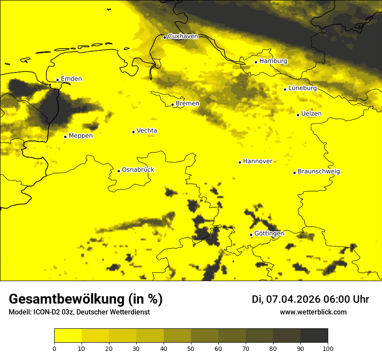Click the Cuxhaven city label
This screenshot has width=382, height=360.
pos(183,36)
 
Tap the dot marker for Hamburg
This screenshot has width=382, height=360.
pos(256,62)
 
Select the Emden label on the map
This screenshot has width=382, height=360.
pos(71,79)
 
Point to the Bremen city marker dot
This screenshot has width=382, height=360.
pos(172,105)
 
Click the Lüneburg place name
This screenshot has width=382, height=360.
pos(302,88)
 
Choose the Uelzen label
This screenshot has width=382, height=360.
pos(311,114)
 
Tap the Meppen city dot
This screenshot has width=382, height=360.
pos(65,137)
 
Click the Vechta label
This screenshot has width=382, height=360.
pos(147,131)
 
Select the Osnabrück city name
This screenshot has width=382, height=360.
pos(138,170)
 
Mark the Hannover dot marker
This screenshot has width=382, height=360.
pos(240,162)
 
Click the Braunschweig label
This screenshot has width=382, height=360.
pos(319,172)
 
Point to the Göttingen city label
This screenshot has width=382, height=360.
pos(269,234)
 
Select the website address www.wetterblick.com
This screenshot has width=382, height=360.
pos(313,312)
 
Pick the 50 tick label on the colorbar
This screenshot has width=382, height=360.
pos(191,348)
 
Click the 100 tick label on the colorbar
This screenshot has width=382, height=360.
pos(328,348)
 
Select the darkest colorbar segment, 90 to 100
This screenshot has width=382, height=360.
pos(314,336)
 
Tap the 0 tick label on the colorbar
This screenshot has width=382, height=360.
pos(54,348)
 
